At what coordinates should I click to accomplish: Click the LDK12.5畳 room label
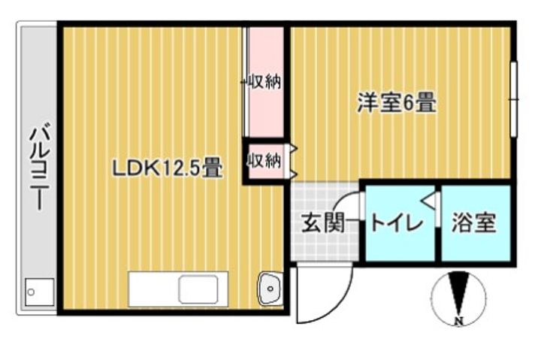[x=167, y=167]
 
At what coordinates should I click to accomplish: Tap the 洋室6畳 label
[x=397, y=103]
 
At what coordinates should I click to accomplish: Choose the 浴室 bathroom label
[x=475, y=223]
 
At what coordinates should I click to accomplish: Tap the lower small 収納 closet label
[x=264, y=160]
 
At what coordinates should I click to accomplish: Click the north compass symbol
[x=458, y=297]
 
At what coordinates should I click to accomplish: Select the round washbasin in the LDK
[x=269, y=286]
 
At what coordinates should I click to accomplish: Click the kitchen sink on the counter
[x=198, y=289]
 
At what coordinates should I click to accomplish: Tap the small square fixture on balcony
[x=36, y=291]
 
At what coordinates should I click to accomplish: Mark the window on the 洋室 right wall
[x=514, y=99]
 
